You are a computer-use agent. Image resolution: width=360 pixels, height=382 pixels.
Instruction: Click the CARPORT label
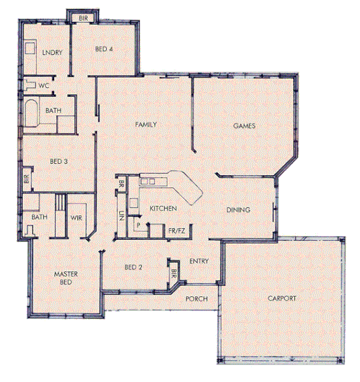pyautogui.click(x=282, y=298)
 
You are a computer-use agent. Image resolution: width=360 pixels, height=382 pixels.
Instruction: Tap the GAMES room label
pyautogui.click(x=244, y=126)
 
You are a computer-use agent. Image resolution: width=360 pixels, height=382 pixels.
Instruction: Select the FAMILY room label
pyautogui.click(x=146, y=125)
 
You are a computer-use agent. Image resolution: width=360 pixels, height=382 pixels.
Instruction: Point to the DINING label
pyautogui.click(x=238, y=210)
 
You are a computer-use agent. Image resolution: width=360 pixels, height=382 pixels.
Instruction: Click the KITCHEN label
pyautogui.click(x=163, y=208)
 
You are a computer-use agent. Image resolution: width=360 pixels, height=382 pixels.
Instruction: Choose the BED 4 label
pyautogui.click(x=104, y=49)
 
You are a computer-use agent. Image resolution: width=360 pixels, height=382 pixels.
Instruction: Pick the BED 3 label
pyautogui.click(x=59, y=162)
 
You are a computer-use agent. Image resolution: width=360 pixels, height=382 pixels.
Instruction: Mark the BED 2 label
pyautogui.click(x=133, y=268)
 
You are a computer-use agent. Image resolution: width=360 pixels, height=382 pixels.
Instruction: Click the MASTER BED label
pyautogui.click(x=67, y=278)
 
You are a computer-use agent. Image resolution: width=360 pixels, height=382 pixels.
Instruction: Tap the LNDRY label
pyautogui.click(x=52, y=52)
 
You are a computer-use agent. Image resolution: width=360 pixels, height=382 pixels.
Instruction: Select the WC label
pyautogui.click(x=43, y=86)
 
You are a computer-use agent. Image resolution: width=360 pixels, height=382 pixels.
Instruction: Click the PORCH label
pyautogui.click(x=196, y=299)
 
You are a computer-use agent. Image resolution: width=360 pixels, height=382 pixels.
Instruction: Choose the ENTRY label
pyautogui.click(x=198, y=262)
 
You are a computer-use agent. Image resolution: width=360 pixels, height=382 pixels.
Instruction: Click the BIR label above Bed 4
pyautogui.click(x=84, y=16)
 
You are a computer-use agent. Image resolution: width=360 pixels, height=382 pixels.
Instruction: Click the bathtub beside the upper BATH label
pyautogui.click(x=32, y=112)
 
